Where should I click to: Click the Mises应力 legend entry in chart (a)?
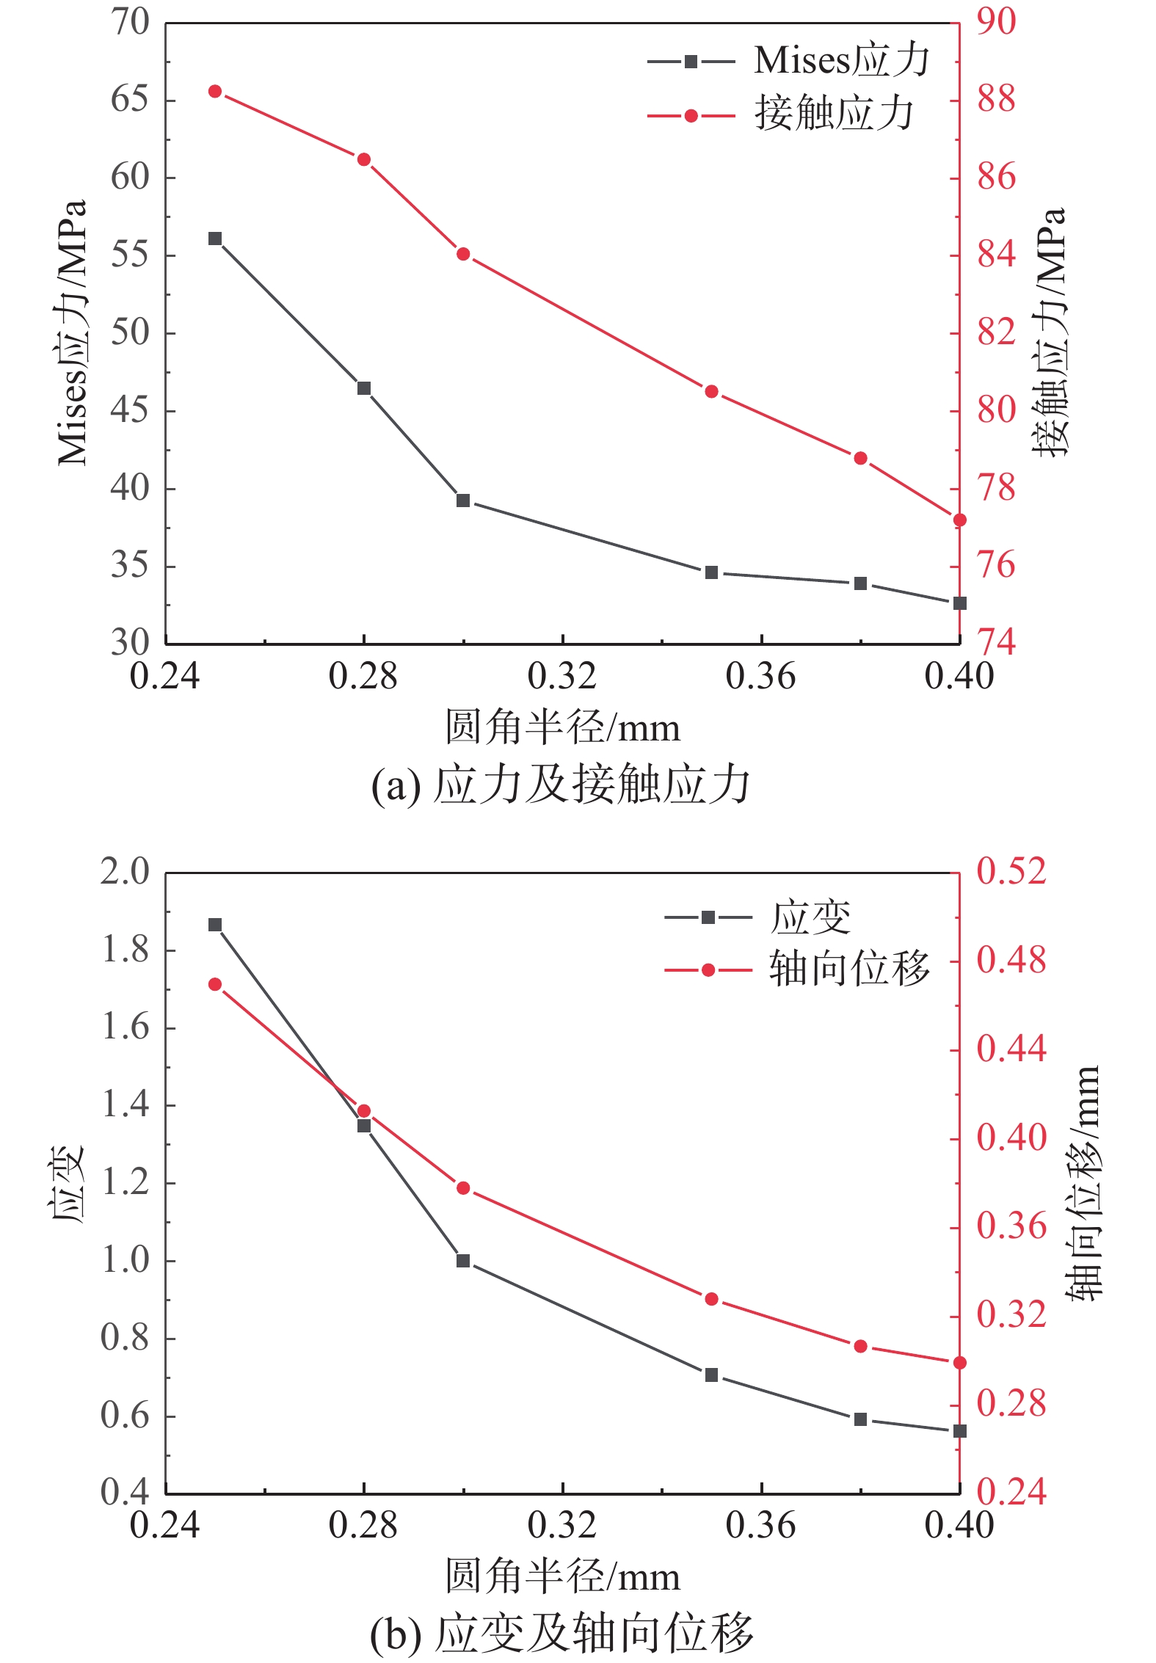(789, 61)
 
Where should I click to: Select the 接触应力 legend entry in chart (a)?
(781, 114)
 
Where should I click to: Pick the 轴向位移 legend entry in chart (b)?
(797, 969)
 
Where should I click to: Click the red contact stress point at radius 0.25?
(215, 91)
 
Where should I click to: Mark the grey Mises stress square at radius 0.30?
(463, 501)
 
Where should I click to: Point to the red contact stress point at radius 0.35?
(711, 392)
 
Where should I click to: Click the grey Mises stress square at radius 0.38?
(861, 583)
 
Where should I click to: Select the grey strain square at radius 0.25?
(215, 925)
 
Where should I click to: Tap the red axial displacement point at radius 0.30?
(463, 1187)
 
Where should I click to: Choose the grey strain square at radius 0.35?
(711, 1375)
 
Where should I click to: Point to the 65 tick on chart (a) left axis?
(130, 100)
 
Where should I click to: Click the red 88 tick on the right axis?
(996, 100)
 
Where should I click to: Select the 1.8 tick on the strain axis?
(125, 950)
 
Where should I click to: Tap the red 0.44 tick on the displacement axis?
(1011, 1049)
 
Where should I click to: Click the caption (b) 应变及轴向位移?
(562, 1634)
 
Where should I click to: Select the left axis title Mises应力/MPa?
(73, 332)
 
